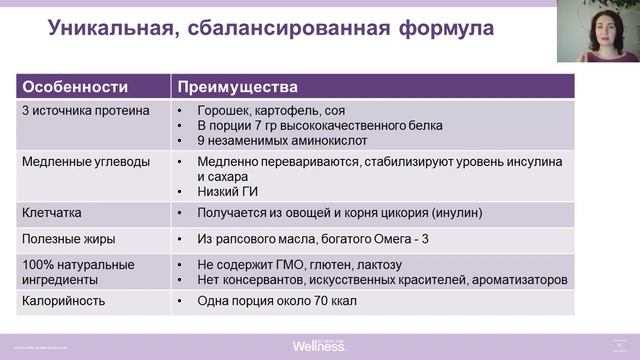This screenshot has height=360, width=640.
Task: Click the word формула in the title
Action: tap(441, 29)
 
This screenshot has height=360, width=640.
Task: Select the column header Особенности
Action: tap(70, 87)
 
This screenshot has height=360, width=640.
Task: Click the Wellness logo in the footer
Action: tap(320, 345)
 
